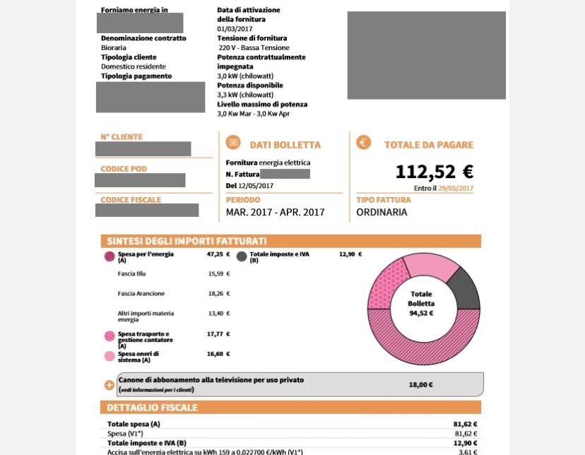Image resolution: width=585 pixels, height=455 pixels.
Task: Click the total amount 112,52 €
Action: point(434,172)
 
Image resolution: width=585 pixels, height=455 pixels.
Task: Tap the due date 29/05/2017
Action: point(456,189)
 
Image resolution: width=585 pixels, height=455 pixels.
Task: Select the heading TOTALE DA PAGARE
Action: point(428,145)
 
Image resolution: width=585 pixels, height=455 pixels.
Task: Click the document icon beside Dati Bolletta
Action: point(232,143)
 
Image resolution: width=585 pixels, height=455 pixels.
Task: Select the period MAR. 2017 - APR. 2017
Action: point(275,212)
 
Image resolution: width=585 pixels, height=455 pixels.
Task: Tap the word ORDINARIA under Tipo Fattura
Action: point(382,212)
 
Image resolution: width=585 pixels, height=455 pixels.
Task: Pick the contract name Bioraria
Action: point(114,47)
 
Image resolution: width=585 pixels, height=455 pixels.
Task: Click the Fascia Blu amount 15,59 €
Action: point(218,273)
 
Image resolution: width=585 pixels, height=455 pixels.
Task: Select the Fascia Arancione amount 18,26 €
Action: point(218,293)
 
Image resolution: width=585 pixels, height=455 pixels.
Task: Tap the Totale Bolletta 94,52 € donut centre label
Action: point(421,303)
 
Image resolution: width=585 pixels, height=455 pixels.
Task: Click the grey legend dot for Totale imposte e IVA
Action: point(242,257)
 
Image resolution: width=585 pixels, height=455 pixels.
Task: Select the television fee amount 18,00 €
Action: point(420,385)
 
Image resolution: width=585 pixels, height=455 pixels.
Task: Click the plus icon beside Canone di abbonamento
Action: point(109,385)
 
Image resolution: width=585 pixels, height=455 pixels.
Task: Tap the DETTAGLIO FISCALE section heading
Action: point(152,408)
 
